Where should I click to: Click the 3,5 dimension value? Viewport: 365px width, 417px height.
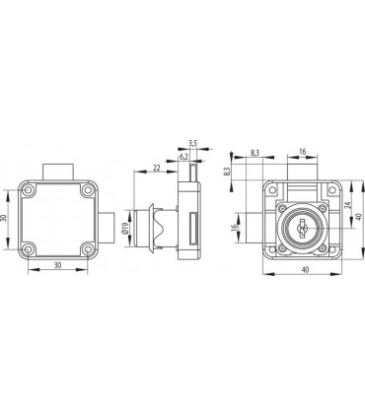pyautogui.click(x=192, y=143)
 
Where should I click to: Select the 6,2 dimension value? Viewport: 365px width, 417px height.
pyautogui.click(x=183, y=157)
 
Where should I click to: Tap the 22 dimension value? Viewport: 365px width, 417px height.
pyautogui.click(x=157, y=168)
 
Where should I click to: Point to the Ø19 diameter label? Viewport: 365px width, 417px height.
pyautogui.click(x=124, y=228)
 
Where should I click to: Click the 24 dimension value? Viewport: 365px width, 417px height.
pyautogui.click(x=349, y=205)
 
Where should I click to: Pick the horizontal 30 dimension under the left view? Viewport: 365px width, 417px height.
pyautogui.click(x=58, y=265)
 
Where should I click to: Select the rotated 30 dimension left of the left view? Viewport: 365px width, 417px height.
pyautogui.click(x=4, y=218)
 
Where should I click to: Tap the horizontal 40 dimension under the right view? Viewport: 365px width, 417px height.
pyautogui.click(x=306, y=269)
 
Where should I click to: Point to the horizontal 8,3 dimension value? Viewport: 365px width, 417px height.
pyautogui.click(x=255, y=153)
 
